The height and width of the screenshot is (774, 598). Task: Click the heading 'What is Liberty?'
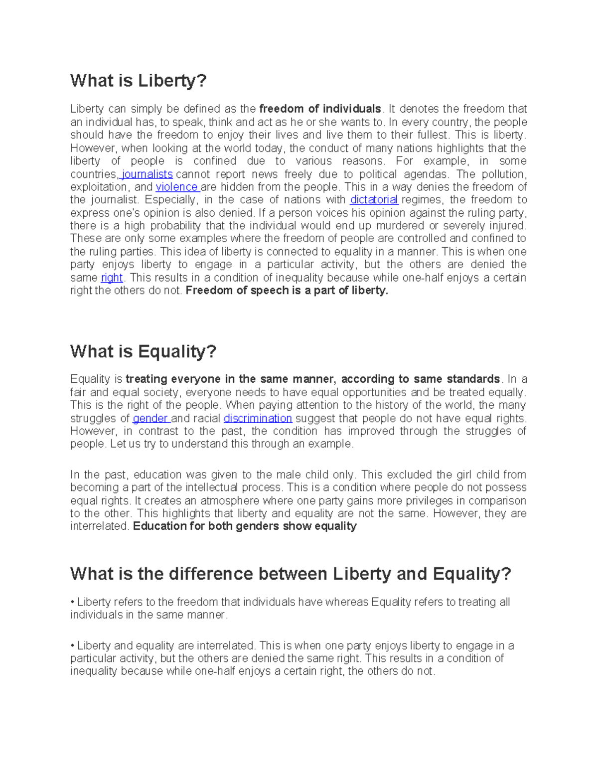coord(138,81)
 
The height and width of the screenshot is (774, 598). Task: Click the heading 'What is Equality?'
coord(143,352)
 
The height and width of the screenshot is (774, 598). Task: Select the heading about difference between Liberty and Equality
coord(291,574)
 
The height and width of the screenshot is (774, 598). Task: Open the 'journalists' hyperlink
coord(147,174)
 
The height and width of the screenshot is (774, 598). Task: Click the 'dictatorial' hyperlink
coord(374,200)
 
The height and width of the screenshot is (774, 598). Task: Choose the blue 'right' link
coord(112,278)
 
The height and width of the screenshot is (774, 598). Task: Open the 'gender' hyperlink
coord(150,419)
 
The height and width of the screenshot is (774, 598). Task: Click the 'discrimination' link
coord(258,419)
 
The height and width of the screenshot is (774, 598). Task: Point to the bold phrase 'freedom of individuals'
coord(320,109)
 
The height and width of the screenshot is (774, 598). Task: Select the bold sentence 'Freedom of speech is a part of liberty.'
coord(287,291)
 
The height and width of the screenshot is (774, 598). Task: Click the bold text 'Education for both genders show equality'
coord(245,527)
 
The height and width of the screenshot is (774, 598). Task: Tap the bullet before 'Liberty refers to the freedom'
coord(72,603)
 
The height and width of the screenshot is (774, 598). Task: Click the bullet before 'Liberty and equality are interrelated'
coord(72,646)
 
